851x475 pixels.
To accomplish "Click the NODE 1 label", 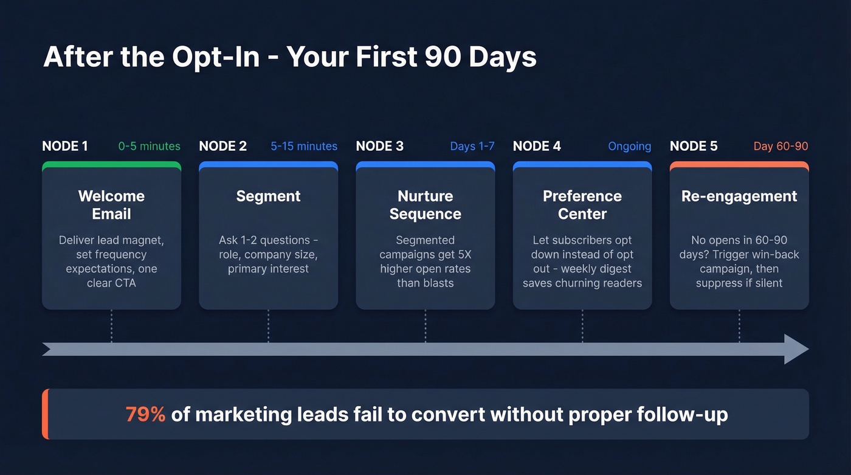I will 64,146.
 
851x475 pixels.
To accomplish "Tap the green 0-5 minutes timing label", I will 149,147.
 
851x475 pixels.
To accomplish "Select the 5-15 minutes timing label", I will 304,147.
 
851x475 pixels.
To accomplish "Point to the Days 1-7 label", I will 472,147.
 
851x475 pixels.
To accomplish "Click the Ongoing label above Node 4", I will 629,147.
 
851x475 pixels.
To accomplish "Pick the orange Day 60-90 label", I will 780,147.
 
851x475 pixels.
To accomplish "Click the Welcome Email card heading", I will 111,205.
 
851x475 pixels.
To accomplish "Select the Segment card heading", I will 268,196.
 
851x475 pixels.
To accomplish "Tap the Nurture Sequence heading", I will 425,205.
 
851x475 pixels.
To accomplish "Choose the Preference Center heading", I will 582,205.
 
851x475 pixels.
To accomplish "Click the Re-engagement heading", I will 739,196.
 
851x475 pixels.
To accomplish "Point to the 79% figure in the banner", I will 145,414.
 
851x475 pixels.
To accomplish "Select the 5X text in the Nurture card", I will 463,254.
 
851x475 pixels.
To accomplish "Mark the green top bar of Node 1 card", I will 111,164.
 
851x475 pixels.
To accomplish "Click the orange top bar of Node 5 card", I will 739,164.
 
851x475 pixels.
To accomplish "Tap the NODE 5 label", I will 693,146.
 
